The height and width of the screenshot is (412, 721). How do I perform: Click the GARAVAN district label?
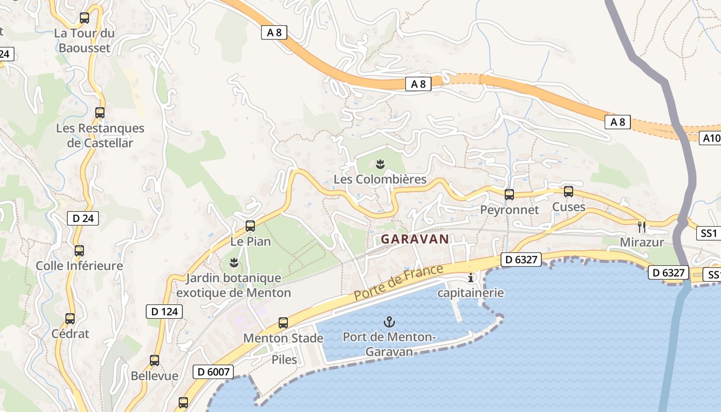[x=415, y=239]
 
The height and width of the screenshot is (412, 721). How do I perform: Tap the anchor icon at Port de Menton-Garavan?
[x=389, y=322]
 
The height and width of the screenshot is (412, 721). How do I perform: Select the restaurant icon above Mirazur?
[x=642, y=226]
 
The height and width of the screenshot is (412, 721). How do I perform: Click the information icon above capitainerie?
[x=470, y=278]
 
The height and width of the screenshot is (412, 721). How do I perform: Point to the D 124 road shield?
[x=165, y=311]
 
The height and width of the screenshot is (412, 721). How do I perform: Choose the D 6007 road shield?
[x=213, y=371]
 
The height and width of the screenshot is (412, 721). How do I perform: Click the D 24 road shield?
[x=83, y=218]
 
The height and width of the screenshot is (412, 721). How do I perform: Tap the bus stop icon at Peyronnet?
[x=509, y=194]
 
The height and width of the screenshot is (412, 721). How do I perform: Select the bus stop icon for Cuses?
[x=569, y=192]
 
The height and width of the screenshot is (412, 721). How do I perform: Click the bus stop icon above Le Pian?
[x=250, y=226]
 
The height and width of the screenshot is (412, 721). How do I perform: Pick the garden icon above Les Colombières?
[x=381, y=164]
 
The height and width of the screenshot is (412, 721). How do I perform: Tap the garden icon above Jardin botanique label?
[x=234, y=263]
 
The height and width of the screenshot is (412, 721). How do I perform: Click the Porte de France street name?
[x=398, y=283]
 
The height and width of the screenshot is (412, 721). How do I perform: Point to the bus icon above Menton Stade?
[x=283, y=323]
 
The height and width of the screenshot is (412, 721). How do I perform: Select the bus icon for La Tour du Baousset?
[x=84, y=18]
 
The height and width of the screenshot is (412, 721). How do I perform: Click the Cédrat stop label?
[x=70, y=334]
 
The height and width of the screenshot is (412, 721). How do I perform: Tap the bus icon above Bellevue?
[x=154, y=360]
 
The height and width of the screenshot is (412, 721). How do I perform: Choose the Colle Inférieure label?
[x=79, y=266]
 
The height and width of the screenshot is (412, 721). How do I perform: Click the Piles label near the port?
[x=284, y=359]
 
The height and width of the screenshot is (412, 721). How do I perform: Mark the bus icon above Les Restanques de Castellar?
[x=100, y=112]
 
